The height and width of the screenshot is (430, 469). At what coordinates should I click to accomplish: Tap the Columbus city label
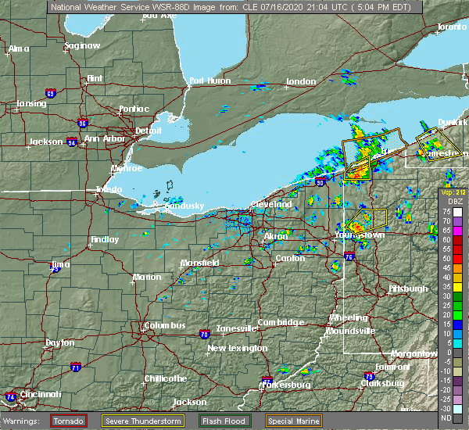click(x=164, y=325)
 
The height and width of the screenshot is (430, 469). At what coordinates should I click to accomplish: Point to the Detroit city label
click(x=148, y=130)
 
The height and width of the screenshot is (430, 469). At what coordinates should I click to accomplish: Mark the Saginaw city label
click(x=82, y=46)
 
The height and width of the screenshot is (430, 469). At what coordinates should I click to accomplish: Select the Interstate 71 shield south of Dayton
click(x=75, y=367)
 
